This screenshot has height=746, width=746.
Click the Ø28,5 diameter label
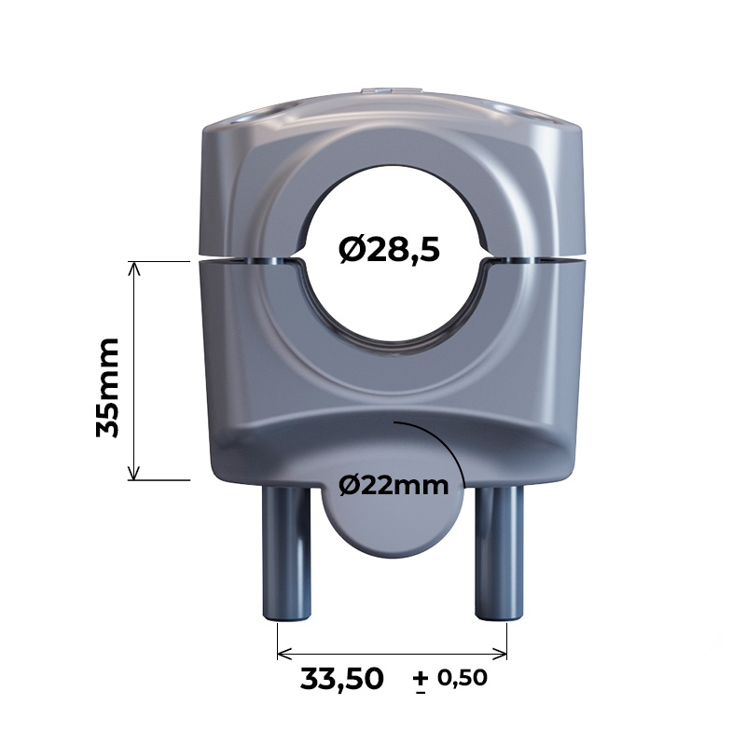coord(389,250)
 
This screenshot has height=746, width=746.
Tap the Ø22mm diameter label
coord(394,486)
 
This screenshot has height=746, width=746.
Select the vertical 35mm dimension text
coord(107,387)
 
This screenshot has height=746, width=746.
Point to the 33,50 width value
coord(341,679)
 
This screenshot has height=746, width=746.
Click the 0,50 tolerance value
coord(463,678)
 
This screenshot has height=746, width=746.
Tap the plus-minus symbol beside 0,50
coord(421,683)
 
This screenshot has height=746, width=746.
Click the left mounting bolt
coord(286,553)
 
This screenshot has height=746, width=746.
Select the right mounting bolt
coord(499,553)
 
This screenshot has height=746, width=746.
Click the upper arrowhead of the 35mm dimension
coord(134,269)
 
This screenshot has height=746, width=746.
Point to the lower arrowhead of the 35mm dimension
coord(134,473)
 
